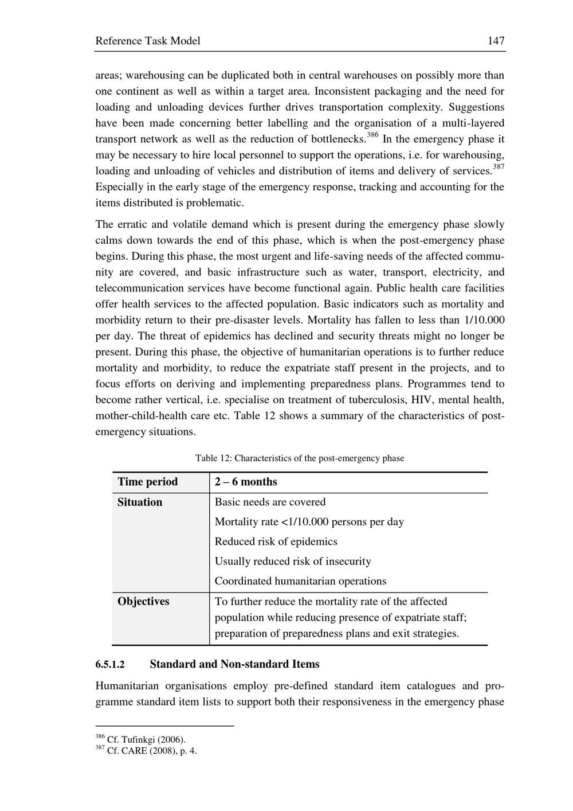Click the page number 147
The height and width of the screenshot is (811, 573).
pyautogui.click(x=496, y=41)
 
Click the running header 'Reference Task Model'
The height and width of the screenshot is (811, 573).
pyautogui.click(x=148, y=41)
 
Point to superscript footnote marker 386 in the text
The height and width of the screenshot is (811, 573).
pyautogui.click(x=372, y=135)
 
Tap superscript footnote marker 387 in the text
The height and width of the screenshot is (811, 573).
pyautogui.click(x=499, y=167)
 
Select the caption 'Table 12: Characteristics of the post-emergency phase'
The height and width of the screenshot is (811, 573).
pyautogui.click(x=300, y=458)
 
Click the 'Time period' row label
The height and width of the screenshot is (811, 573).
pyautogui.click(x=148, y=482)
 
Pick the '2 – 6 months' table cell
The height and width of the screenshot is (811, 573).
pyautogui.click(x=246, y=482)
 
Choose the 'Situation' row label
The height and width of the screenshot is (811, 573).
pyautogui.click(x=140, y=502)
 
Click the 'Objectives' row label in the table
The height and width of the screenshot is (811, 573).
pyautogui.click(x=143, y=602)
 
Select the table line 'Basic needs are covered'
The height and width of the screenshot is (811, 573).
pyautogui.click(x=270, y=502)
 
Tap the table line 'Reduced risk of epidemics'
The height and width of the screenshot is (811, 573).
pyautogui.click(x=276, y=541)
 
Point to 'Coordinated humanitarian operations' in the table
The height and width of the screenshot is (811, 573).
pyautogui.click(x=300, y=581)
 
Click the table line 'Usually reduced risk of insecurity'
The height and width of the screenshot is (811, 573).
pyautogui.click(x=293, y=562)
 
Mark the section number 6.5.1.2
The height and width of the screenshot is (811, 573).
pyautogui.click(x=110, y=665)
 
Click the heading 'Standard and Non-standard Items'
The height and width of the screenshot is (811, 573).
pyautogui.click(x=234, y=664)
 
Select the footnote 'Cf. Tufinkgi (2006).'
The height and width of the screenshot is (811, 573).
pyautogui.click(x=146, y=740)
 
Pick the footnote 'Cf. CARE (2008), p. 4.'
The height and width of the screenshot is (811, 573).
pyautogui.click(x=152, y=751)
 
